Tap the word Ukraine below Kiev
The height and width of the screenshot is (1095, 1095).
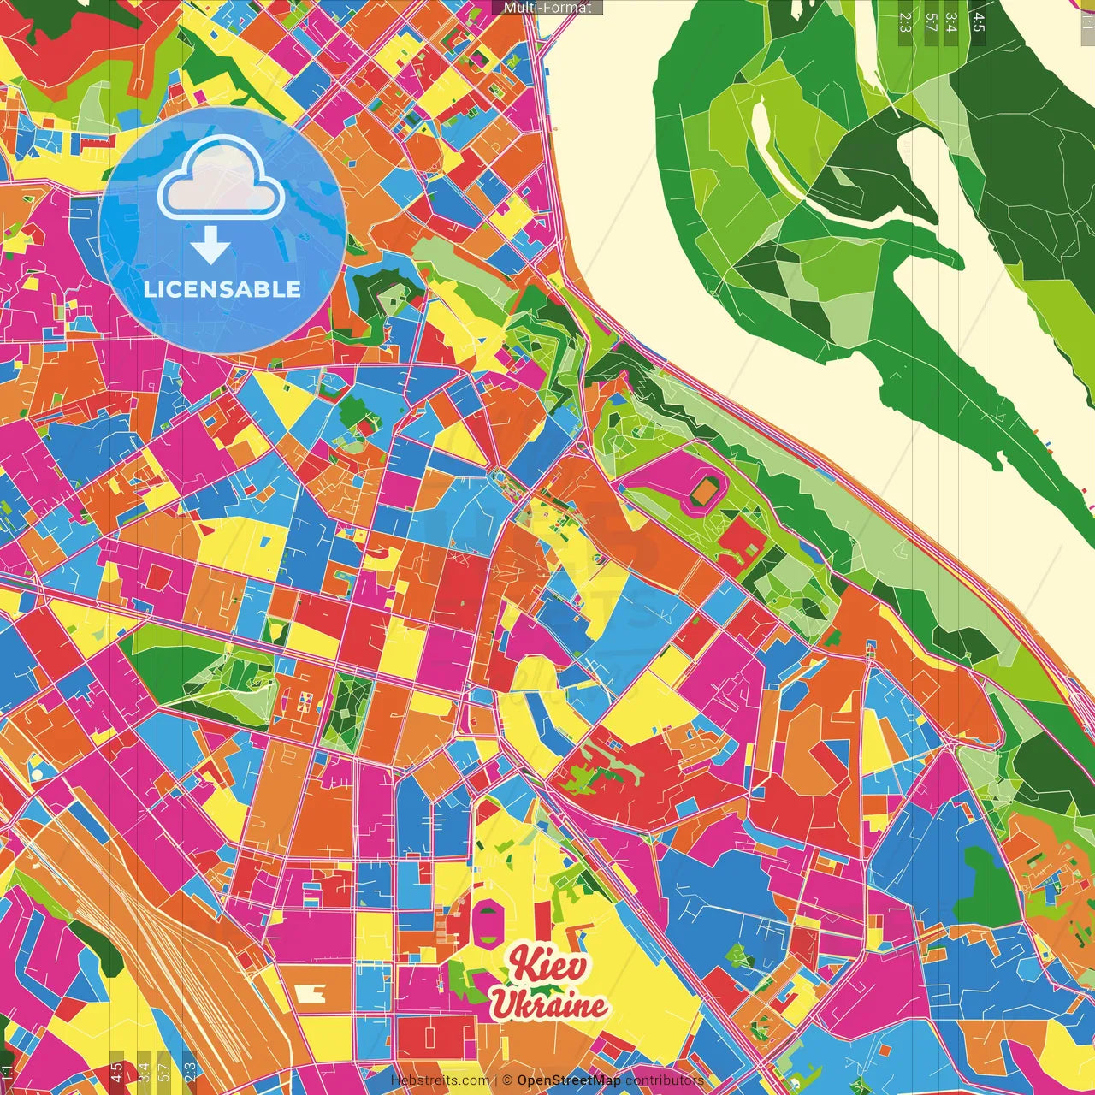point(548,1005)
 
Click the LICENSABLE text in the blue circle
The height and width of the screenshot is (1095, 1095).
point(222,289)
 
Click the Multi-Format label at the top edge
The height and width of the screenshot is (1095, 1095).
point(547,8)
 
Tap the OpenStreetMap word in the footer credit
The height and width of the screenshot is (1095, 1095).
point(568,1080)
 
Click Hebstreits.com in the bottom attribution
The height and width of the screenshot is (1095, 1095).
point(440,1080)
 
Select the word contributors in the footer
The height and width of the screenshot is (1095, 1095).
point(664,1080)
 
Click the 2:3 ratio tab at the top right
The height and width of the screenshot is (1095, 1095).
point(905,22)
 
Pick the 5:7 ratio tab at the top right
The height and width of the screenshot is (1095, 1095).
point(931,22)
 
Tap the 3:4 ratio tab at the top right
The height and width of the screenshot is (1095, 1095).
point(950,22)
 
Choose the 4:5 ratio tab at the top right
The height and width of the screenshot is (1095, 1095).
point(978,22)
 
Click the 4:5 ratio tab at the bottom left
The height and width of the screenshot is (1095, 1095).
point(116,1072)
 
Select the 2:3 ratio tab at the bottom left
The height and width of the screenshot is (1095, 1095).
point(189,1072)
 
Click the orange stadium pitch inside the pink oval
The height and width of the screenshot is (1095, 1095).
point(707,491)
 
